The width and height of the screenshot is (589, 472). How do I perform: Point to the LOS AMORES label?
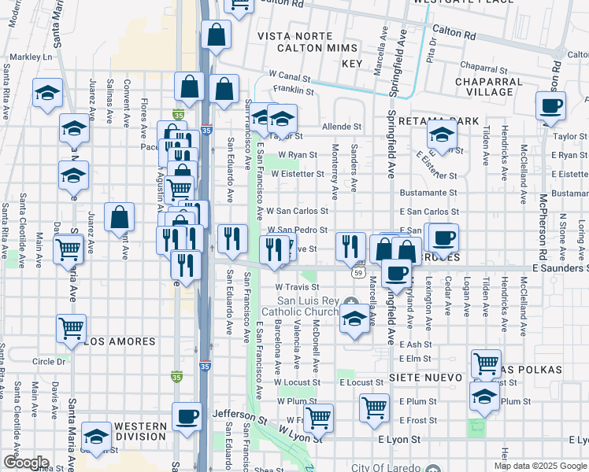tap(120, 342)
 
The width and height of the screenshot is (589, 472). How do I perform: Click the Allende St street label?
tap(341, 126)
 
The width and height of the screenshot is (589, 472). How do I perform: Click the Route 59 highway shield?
tap(358, 272)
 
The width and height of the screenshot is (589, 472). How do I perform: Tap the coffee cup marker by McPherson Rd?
tap(550, 105)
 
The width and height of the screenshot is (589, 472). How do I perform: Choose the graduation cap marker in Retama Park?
tap(442, 135)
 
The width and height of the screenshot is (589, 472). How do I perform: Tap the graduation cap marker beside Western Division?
tap(97, 436)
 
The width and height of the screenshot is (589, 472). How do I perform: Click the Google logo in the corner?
tap(25, 463)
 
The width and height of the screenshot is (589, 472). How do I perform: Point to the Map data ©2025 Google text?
tap(540, 466)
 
